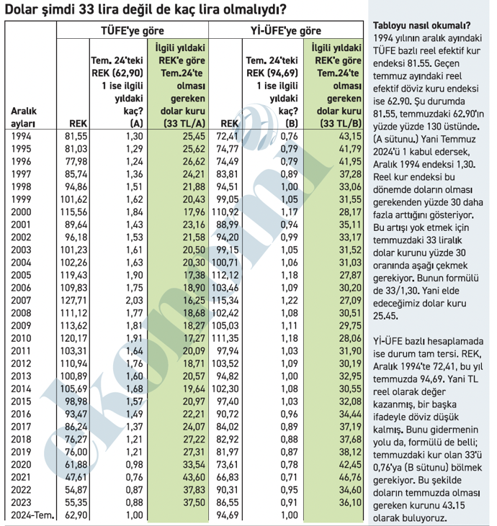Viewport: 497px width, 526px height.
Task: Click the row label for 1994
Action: point(21,136)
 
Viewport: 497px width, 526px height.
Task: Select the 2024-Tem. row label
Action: point(32,515)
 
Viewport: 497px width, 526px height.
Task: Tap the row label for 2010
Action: point(21,338)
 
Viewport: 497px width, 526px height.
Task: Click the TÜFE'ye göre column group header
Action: point(133,31)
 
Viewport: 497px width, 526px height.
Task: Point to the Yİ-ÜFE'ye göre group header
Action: point(286,31)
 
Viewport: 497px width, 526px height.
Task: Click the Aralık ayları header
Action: point(24,117)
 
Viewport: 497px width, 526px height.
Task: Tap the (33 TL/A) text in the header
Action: point(184,124)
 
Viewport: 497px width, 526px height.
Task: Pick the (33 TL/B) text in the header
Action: point(341,124)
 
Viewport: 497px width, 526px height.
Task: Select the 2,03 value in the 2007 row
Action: point(134,300)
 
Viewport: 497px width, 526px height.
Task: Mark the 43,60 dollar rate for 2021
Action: point(194,477)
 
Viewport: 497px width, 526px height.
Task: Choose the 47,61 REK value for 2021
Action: point(76,477)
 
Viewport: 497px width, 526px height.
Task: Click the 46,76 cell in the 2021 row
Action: point(350,477)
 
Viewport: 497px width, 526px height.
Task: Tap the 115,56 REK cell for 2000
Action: point(73,212)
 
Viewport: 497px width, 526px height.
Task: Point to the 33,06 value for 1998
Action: point(350,186)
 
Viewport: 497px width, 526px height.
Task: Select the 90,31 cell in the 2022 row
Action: point(228,490)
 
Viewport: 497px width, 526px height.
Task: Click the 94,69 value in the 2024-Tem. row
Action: point(228,515)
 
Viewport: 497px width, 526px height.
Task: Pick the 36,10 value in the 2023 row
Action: point(350,502)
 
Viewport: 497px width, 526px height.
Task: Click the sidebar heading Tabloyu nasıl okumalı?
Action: point(422,25)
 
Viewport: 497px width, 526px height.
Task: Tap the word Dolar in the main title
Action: point(21,9)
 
